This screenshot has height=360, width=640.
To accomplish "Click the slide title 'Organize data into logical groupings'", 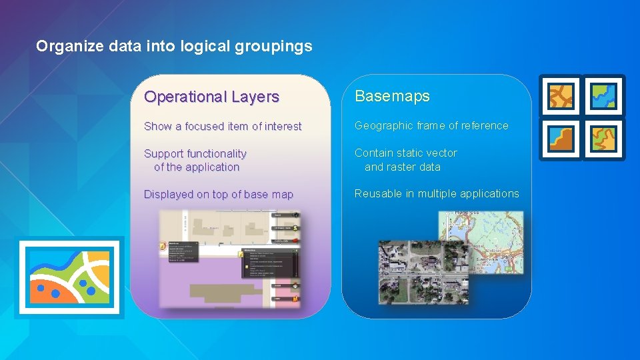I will pos(174,46).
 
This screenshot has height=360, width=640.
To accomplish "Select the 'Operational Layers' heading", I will pos(211,97).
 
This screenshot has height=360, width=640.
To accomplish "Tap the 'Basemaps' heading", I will pos(392,96).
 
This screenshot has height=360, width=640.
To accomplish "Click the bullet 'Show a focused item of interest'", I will pos(223,126).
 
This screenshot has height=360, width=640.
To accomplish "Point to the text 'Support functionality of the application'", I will pos(195,160).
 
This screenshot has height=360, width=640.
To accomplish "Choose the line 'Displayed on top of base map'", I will pos(219,195).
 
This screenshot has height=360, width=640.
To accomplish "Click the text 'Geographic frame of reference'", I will pos(431,125).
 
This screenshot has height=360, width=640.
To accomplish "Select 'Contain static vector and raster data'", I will pos(405,160).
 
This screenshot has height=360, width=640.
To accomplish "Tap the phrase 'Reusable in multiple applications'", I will pos(437,193).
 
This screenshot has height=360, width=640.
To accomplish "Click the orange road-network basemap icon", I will pos(561,96).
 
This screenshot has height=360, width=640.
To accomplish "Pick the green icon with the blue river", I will pos(604,96).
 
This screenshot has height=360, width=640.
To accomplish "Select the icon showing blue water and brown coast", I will pos(561,139).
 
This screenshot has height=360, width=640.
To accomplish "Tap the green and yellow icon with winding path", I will pos(604,139).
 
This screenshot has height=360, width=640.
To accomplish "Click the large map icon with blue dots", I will pos(69,277).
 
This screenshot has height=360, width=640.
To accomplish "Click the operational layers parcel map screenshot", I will pos(230,260).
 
